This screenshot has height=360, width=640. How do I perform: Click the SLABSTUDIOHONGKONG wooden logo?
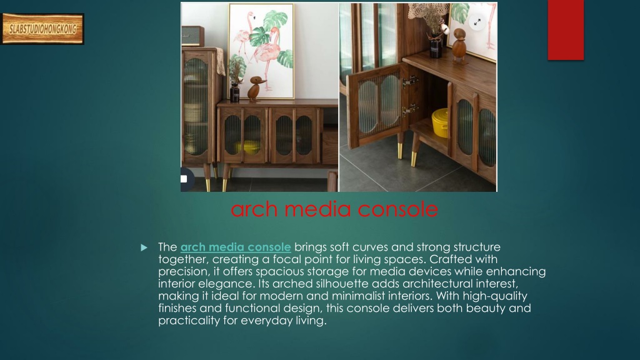coord(42,29)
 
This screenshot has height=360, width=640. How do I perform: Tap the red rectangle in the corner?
coord(566,30)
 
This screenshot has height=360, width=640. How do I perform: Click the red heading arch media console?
coord(334,209)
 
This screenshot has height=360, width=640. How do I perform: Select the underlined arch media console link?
coord(236,247)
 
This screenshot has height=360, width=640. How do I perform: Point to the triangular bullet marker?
coord(144,247)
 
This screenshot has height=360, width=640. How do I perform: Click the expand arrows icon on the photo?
coord(477,22)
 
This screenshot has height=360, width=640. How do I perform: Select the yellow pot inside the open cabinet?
coord(440,122)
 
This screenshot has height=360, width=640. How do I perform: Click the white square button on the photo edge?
coord(184,179)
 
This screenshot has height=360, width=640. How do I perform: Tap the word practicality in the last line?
coord(189,321)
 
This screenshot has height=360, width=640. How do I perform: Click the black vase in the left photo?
coord(235,92)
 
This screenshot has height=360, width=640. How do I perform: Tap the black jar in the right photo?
coord(435,49)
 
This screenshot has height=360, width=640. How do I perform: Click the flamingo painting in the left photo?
coord(261,51)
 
